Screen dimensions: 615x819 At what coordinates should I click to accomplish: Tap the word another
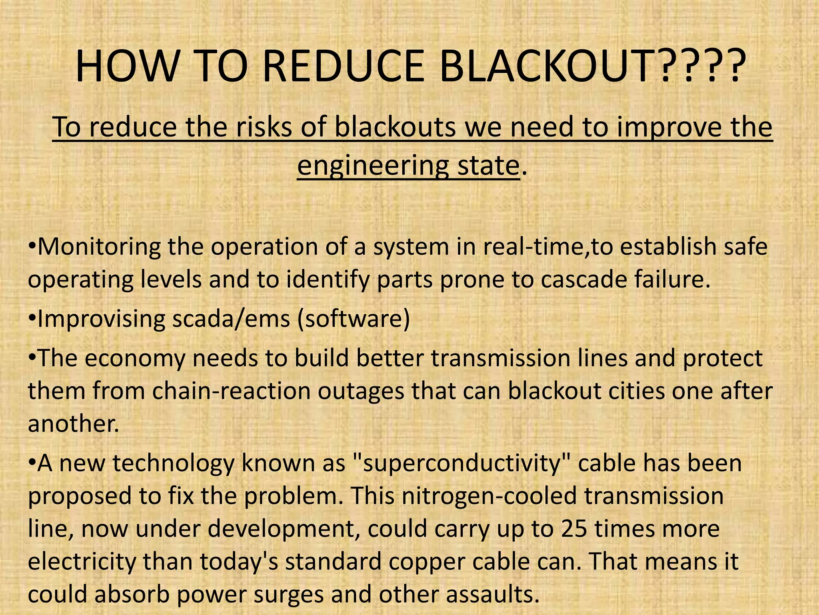(x=74, y=423)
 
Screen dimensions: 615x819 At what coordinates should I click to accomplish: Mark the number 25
(x=574, y=529)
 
